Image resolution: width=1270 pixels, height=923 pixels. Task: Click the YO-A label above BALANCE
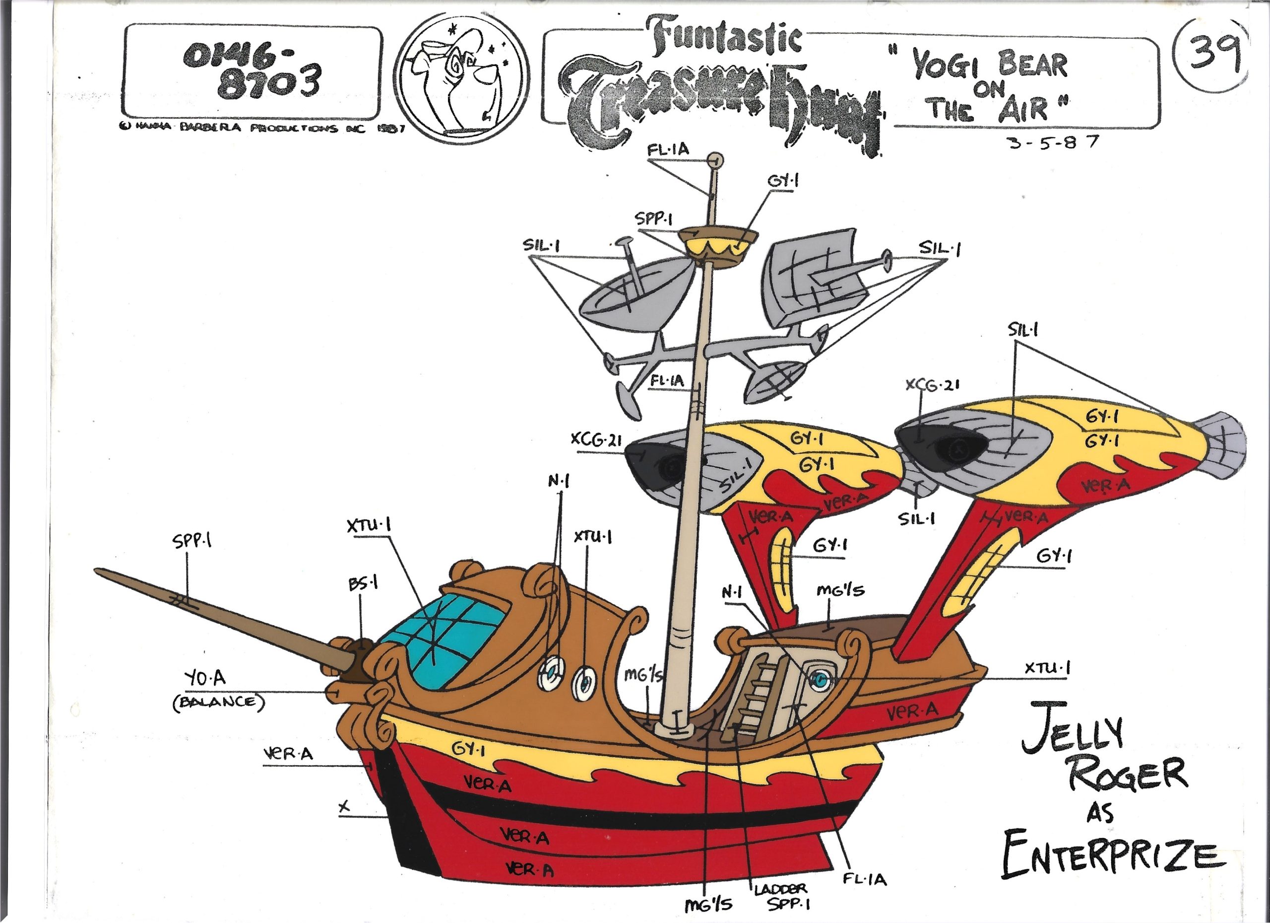click(x=205, y=679)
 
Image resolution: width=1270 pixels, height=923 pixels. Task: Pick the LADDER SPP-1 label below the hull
click(x=780, y=896)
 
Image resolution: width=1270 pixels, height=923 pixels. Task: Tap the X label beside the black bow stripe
click(x=344, y=806)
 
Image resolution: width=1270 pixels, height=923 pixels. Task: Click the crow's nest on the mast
click(x=716, y=247)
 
